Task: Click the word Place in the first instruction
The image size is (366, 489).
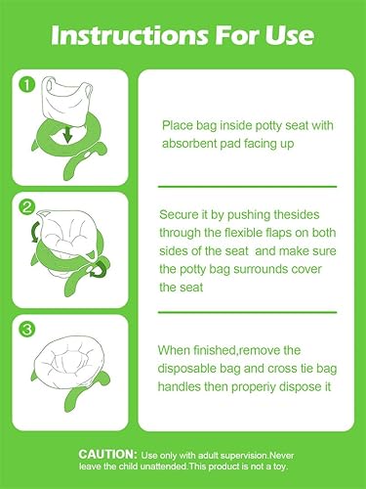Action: tap(178, 126)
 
